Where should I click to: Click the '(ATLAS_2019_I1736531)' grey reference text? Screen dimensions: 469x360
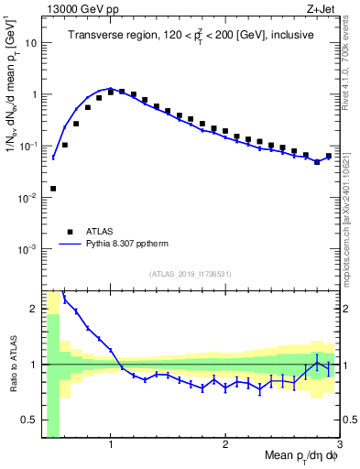point(191,274)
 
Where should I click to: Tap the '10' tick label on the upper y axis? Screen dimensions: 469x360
point(30,43)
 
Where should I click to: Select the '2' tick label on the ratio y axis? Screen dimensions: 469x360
point(34,309)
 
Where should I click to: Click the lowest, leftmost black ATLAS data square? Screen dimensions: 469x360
point(53,189)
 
